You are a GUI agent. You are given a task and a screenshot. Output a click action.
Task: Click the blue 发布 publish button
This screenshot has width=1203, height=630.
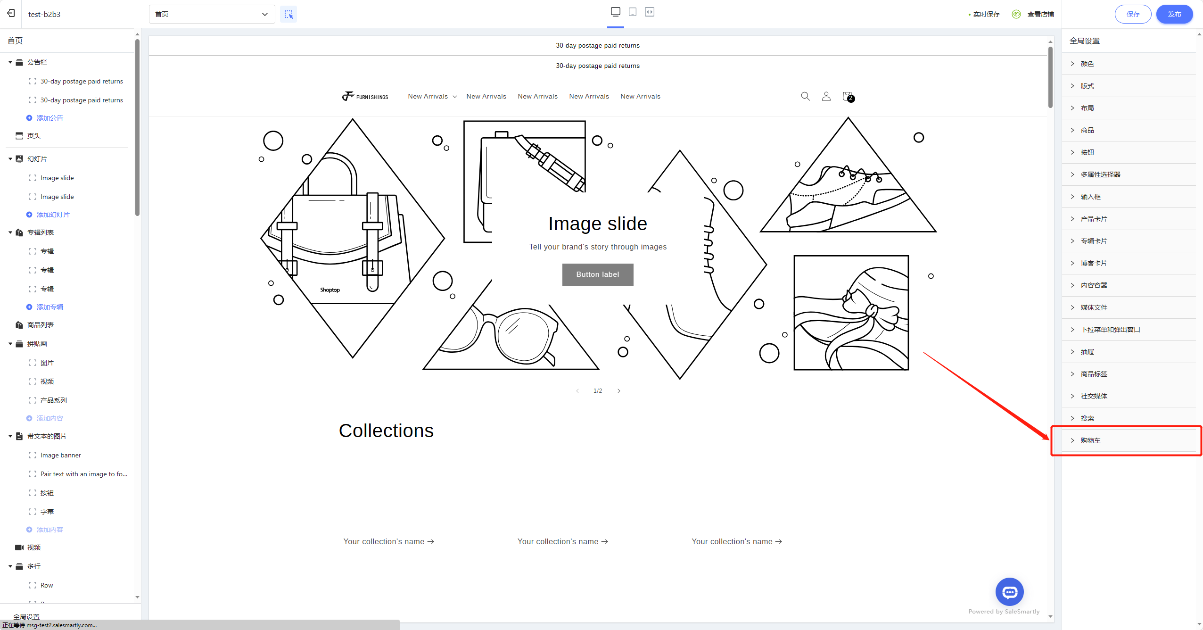(1174, 14)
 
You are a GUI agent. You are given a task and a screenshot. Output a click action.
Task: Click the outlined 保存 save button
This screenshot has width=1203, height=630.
(1133, 14)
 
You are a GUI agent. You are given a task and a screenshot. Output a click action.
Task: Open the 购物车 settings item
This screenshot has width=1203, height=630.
(1090, 440)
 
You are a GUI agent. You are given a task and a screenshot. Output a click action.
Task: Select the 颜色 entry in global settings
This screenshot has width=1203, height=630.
(1087, 64)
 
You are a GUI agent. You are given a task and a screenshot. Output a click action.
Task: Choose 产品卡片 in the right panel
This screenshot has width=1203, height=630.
(1094, 219)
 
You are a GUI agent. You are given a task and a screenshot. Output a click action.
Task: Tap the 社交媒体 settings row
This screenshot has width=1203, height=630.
(1094, 396)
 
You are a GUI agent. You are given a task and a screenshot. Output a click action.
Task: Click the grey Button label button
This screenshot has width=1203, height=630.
(598, 274)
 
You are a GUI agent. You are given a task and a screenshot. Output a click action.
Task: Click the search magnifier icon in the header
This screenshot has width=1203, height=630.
(805, 96)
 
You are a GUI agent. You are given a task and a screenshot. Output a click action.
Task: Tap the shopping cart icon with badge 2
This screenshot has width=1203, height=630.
(848, 97)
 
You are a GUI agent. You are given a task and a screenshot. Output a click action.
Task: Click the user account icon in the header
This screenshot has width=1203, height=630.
(826, 96)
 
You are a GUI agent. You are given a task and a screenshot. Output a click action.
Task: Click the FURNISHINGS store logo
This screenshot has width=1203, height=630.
(365, 96)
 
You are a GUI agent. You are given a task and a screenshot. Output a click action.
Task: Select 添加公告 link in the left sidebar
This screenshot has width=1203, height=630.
(49, 118)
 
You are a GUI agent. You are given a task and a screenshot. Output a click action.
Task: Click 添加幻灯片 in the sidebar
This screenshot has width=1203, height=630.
(53, 215)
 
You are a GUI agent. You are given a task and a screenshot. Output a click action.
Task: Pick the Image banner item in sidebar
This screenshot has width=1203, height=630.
(61, 455)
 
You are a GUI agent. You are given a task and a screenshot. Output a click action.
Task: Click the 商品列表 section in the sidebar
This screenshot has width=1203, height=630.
(41, 325)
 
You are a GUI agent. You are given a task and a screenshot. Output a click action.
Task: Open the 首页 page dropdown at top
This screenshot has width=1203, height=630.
(212, 14)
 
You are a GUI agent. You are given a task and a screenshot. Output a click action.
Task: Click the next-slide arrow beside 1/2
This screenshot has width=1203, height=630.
(619, 391)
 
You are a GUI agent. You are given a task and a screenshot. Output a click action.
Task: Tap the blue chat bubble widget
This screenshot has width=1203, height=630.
(1010, 592)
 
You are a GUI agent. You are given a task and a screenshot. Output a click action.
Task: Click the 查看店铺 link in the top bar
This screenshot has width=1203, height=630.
(1040, 14)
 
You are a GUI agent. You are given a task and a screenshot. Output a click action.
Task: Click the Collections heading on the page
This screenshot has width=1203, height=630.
(386, 431)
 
